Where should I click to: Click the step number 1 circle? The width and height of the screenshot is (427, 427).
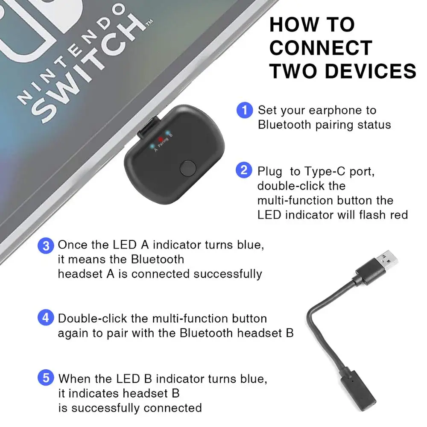[x=244, y=110]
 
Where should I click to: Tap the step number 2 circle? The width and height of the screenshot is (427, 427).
[x=244, y=170]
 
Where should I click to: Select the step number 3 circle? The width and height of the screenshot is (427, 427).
[x=46, y=246]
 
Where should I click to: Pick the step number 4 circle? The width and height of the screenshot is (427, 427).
[x=46, y=318]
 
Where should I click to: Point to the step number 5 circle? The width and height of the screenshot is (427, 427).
[x=46, y=378]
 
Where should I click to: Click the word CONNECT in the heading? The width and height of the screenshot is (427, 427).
[x=321, y=48]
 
